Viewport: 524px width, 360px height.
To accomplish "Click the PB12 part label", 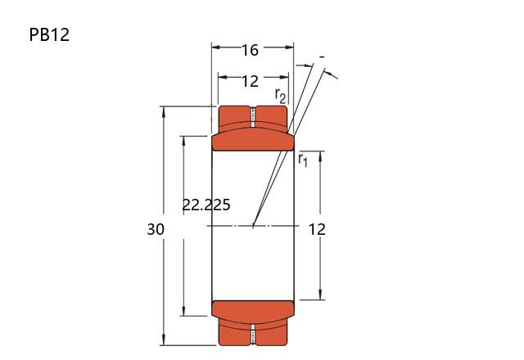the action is [x=49, y=34].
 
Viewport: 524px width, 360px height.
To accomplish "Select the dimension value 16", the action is [x=250, y=51].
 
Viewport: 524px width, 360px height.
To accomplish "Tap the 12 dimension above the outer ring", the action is [x=250, y=82].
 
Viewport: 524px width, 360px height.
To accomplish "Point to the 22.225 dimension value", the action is [x=206, y=205].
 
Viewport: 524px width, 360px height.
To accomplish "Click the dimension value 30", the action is [x=156, y=229].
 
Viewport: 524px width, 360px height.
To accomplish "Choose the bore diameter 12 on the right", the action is [x=317, y=230].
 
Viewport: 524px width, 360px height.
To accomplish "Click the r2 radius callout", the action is [x=280, y=96].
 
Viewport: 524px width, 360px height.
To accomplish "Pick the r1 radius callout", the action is [x=303, y=160].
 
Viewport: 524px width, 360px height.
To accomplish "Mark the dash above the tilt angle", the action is [x=322, y=57].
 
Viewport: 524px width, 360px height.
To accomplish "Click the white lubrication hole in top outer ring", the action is [x=253, y=117].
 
